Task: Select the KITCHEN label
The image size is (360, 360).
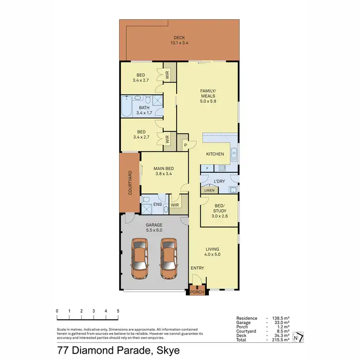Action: click(x=215, y=154)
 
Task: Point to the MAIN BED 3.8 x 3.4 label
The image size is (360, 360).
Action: click(x=164, y=171)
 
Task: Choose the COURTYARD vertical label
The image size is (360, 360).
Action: click(x=130, y=182)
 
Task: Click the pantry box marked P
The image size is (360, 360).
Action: click(x=185, y=144)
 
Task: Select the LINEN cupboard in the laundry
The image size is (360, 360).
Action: click(x=209, y=191)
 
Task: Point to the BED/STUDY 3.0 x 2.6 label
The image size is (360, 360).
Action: click(x=219, y=211)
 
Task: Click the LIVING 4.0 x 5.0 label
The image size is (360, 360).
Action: click(x=212, y=252)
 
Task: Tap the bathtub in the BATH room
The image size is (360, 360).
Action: click(x=126, y=108)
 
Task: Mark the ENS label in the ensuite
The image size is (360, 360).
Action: click(x=157, y=204)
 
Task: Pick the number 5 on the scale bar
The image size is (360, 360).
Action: click(x=118, y=311)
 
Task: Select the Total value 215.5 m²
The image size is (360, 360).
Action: click(x=279, y=340)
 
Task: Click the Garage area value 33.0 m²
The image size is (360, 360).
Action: click(x=279, y=323)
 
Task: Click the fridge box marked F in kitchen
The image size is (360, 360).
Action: click(x=207, y=168)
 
